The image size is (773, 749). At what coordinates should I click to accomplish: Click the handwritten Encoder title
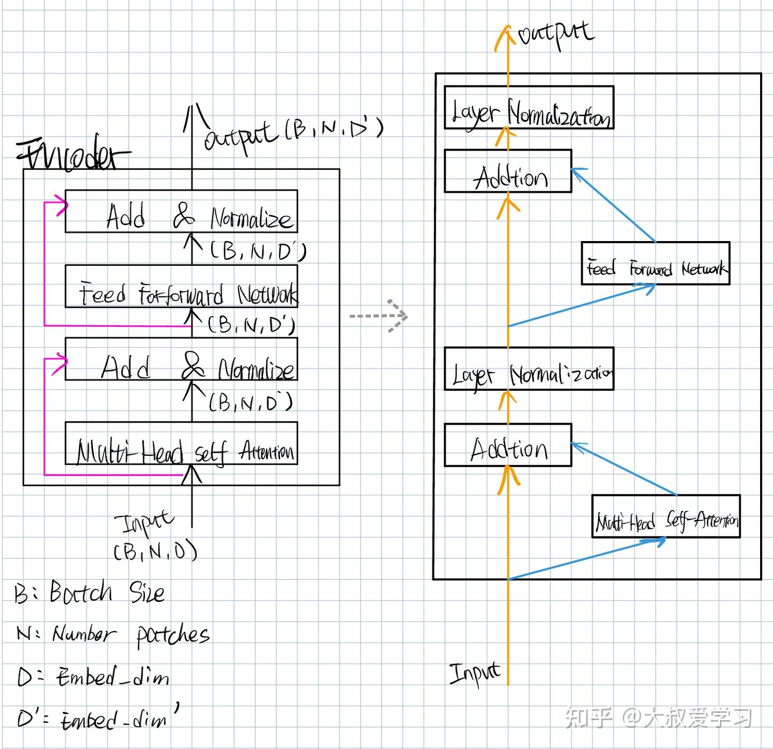pos(72,156)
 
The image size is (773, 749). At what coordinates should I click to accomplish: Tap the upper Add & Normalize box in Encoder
pos(181,211)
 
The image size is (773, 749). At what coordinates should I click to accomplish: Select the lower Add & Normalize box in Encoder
pos(181,359)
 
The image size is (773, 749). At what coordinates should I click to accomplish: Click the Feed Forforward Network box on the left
pos(181,286)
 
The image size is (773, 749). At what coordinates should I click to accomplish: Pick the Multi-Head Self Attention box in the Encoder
pos(181,443)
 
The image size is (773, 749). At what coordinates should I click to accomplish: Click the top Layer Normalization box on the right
pos(529,107)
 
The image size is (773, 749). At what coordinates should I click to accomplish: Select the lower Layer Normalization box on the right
pos(529,369)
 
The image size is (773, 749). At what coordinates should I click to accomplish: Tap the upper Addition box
pos(508,171)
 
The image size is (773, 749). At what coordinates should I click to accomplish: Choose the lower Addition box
pos(508,445)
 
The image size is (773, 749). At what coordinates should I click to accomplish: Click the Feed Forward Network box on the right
pos(655,263)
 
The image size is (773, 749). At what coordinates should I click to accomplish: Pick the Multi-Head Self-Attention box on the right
pos(666,517)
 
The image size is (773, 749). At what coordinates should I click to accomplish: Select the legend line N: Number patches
pos(113,635)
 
